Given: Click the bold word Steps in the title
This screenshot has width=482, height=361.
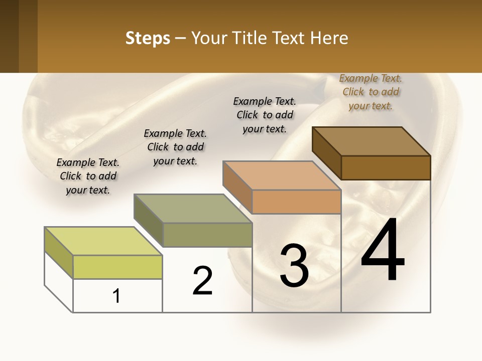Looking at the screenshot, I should (148, 38).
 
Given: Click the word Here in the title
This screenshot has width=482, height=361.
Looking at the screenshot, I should (329, 38).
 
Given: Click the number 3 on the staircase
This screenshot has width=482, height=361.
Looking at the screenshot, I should (294, 266).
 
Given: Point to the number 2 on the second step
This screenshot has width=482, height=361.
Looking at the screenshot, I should (203, 280).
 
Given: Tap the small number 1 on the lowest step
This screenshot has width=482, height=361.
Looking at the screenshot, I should (116, 296).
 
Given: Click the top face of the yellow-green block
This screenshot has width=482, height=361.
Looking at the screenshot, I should (103, 241).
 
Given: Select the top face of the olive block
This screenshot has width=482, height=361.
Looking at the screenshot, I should (193, 209).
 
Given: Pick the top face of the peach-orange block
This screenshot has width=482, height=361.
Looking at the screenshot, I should (282, 175).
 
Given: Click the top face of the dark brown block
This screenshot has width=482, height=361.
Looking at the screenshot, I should (372, 141).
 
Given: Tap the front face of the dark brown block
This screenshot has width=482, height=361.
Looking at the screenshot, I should (386, 167).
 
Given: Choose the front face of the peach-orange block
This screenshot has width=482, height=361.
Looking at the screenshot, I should (296, 202).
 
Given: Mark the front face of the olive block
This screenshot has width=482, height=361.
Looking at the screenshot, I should (207, 235).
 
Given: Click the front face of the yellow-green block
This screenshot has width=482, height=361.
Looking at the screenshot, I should (117, 267).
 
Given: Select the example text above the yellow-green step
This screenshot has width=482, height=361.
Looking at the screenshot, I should (88, 176).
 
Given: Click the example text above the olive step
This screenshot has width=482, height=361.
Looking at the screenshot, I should (175, 147).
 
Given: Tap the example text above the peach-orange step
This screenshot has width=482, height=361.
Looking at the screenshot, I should (265, 115).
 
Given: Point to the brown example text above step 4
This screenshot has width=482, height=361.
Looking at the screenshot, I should (371, 92).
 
